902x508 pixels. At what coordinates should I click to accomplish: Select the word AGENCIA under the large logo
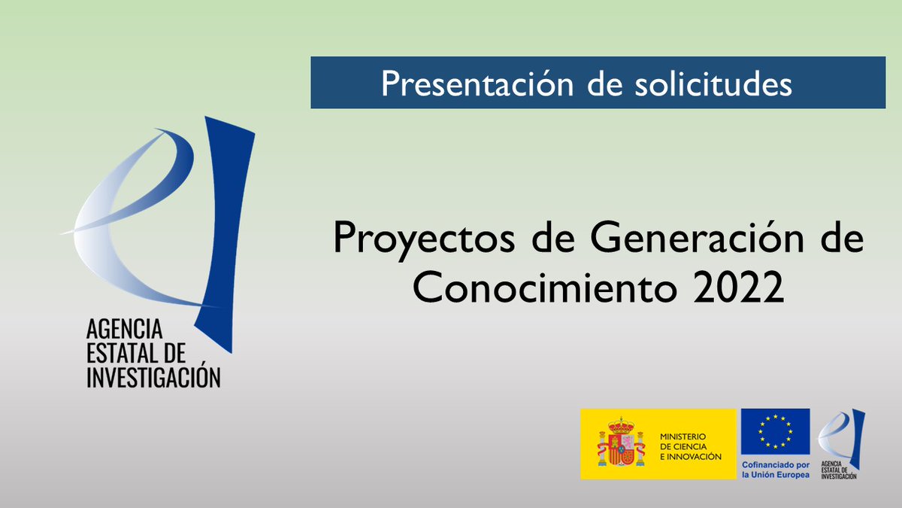pyautogui.click(x=124, y=329)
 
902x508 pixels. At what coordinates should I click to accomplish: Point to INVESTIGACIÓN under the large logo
pyautogui.click(x=153, y=376)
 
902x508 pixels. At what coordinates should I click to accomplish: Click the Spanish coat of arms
pyautogui.click(x=621, y=444)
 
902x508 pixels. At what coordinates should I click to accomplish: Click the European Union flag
pyautogui.click(x=775, y=431)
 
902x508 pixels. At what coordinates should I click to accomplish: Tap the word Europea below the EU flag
pyautogui.click(x=793, y=475)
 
